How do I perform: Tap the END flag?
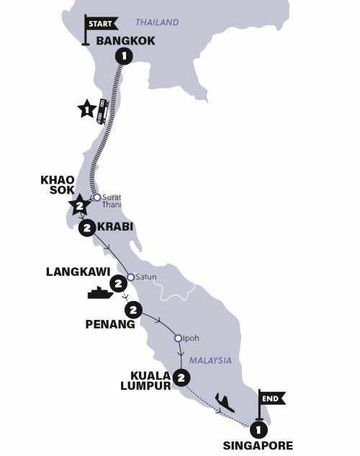[274, 398]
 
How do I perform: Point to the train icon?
[103, 110]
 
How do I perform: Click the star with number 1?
[86, 110]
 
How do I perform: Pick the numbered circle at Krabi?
[87, 228]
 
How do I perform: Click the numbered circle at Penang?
[132, 310]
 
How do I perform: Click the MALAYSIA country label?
[211, 359]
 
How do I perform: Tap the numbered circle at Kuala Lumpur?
[182, 376]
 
